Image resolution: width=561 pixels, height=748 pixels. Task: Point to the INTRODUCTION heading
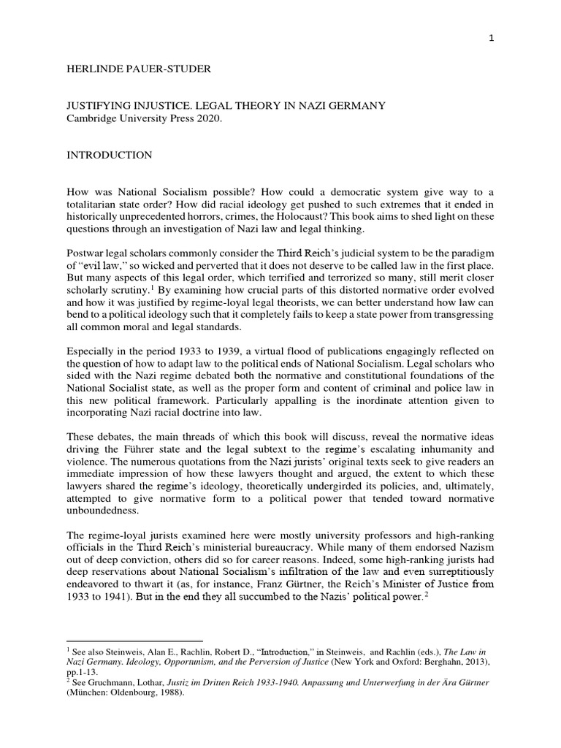pos(109,155)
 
